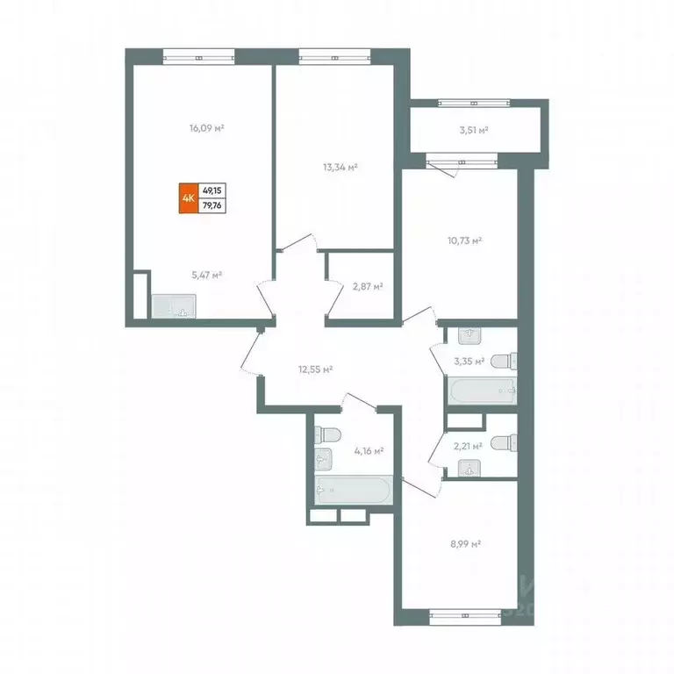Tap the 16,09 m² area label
pos(207,128)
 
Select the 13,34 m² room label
pos(340,166)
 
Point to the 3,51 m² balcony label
pos(473,130)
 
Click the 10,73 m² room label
pos(466,239)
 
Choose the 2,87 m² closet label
pos(367,286)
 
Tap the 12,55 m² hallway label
pos(315,369)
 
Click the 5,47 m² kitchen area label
pos(206,274)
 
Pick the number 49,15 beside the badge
pos(212,190)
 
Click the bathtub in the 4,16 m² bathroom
pos(355,491)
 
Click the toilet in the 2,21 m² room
pos(503,443)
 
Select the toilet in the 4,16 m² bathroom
pos(329,434)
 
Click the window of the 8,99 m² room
pos(465,618)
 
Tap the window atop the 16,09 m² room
pos(201,57)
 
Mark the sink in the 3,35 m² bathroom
pos(469,334)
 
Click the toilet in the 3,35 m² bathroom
pos(503,362)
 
